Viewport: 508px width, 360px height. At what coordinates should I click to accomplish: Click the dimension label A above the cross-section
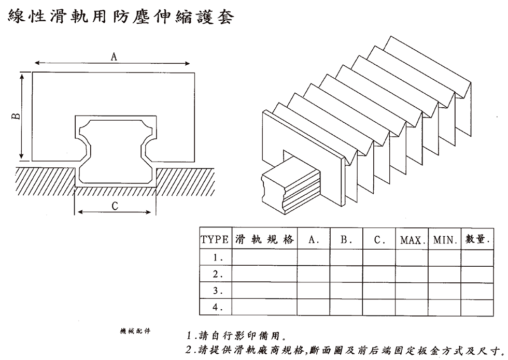pos(114,57)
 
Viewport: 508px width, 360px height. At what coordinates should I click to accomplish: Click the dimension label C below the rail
pos(115,206)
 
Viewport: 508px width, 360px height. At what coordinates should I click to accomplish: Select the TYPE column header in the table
pos(215,240)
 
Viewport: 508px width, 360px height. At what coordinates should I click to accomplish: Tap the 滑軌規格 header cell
pos(264,240)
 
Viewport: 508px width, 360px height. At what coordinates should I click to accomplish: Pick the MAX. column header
pos(412,240)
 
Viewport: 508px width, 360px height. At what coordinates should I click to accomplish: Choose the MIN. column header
pos(444,240)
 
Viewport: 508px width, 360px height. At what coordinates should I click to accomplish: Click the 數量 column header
pos(477,240)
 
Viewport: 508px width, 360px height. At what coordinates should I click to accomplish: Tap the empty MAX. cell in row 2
pos(412,274)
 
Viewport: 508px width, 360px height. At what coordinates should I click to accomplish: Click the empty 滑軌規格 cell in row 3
pos(264,291)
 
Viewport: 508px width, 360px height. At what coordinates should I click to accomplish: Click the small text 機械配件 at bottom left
pos(135,330)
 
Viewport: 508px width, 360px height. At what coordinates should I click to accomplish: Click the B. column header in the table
pos(346,240)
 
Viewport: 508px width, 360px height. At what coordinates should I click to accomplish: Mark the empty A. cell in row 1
pos(314,257)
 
